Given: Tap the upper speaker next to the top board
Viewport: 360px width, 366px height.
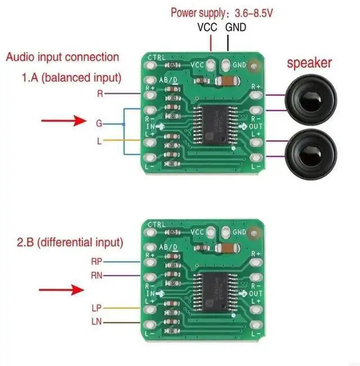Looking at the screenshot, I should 311,102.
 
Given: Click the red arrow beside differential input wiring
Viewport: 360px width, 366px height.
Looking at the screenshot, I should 60,290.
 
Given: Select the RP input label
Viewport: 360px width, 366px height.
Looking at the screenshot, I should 96,261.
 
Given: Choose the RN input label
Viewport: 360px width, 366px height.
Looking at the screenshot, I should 96,275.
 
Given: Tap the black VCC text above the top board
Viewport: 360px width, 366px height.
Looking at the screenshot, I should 208,27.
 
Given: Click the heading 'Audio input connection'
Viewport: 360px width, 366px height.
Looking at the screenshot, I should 62,57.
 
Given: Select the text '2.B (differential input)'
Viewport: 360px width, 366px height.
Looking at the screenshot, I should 69,243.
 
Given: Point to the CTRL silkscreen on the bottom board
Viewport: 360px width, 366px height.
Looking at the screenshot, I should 157,225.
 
